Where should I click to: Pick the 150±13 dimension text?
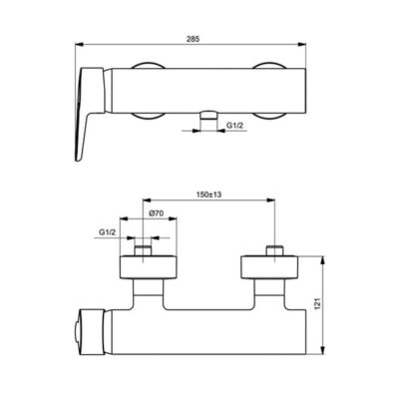210,197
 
